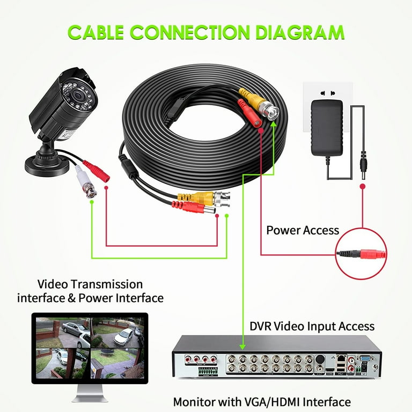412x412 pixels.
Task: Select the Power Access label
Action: [303, 230]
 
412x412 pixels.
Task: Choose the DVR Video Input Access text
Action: [312, 326]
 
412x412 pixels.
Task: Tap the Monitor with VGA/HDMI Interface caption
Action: [261, 401]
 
